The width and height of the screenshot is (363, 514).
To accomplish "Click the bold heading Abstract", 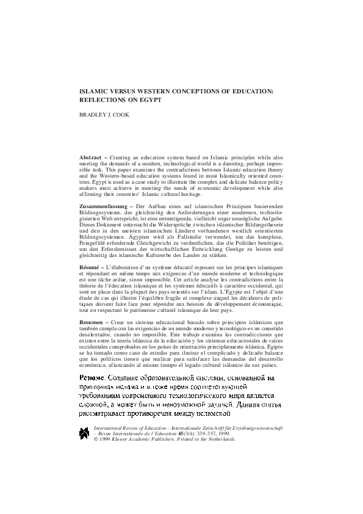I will (x=92, y=157).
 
